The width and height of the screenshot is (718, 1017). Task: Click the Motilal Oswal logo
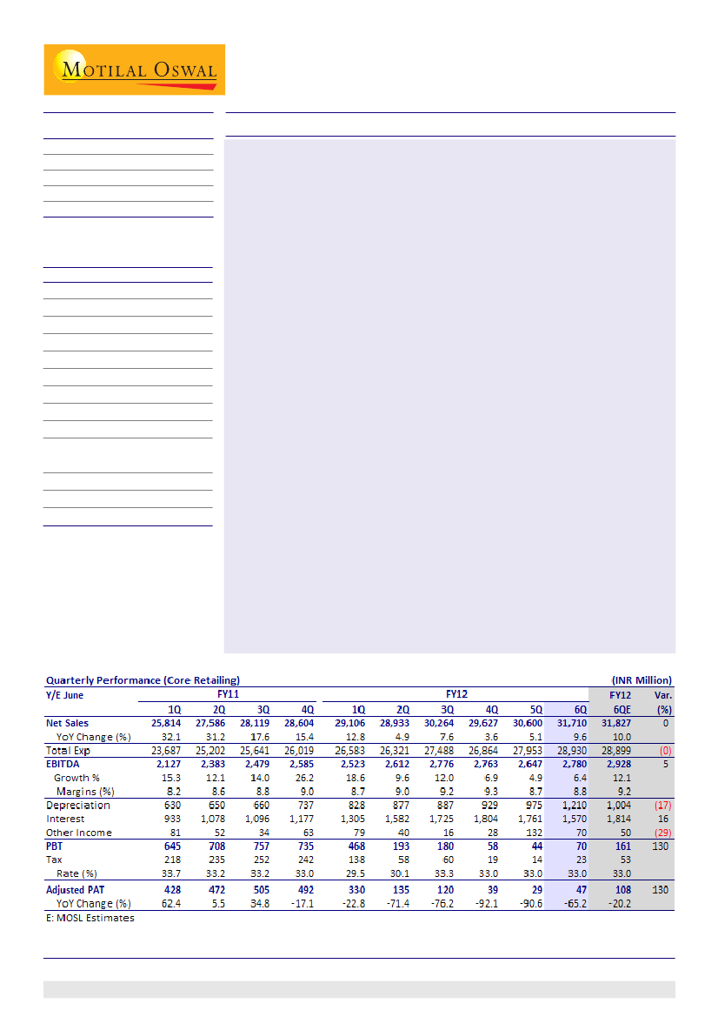135,70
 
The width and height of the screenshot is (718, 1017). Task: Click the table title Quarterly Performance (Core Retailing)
143,679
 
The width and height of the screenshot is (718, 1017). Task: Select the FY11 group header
229,694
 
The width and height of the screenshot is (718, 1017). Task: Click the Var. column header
662,694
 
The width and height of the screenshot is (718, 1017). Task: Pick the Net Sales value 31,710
568,723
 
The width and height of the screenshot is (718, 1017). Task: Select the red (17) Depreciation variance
662,806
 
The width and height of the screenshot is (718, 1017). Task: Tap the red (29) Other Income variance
662,833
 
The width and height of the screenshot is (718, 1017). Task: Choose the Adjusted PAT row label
77,890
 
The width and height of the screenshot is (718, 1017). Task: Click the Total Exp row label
68,750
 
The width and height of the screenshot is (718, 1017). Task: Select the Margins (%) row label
85,791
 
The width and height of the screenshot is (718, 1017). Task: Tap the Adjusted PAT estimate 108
620,890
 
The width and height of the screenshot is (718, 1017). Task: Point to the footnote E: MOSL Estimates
90,918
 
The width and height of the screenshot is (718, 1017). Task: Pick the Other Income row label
78,833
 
